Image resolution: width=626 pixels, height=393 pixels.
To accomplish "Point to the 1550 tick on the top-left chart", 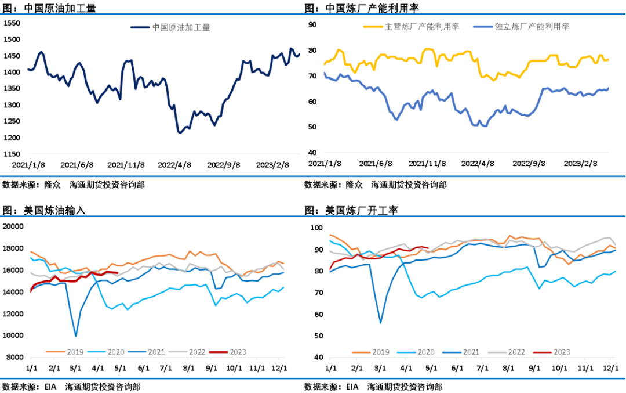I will click(12, 23).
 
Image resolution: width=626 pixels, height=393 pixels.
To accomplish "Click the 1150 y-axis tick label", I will click(12, 154).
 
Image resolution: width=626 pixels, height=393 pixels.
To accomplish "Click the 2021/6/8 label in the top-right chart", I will click(376, 164).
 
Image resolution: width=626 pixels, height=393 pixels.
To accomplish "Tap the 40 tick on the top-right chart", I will click(312, 153).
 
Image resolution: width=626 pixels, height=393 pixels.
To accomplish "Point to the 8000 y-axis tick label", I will click(14, 357).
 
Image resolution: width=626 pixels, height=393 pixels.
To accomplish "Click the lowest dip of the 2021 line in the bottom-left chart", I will click(75, 336).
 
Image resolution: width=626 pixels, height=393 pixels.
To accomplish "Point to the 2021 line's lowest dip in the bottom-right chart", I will click(381, 323).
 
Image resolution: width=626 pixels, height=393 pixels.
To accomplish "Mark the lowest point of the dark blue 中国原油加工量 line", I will click(180, 133).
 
